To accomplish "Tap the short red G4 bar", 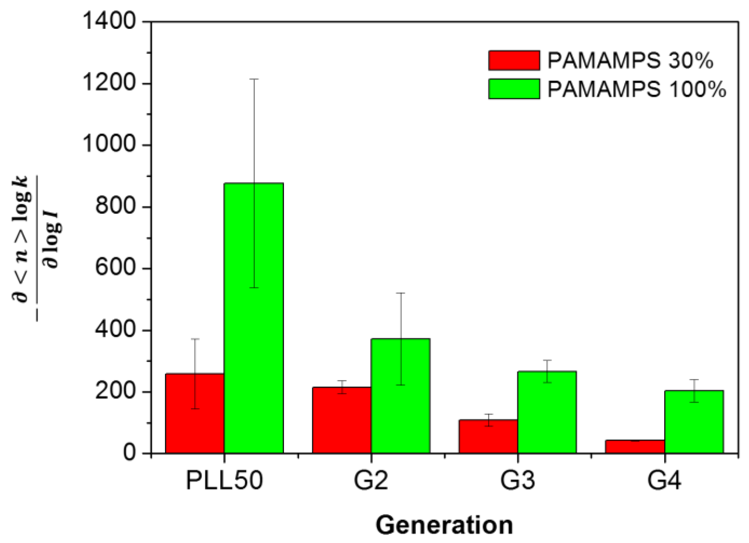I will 635,446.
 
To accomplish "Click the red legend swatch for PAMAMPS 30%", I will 514,60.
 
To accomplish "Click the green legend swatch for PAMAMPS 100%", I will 514,89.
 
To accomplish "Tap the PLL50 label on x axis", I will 224,480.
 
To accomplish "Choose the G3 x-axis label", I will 517,480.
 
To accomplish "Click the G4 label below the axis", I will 664,480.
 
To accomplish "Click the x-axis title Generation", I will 444,525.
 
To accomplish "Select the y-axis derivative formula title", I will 36,248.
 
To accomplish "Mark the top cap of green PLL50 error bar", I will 254,79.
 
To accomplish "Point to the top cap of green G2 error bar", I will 400,293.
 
